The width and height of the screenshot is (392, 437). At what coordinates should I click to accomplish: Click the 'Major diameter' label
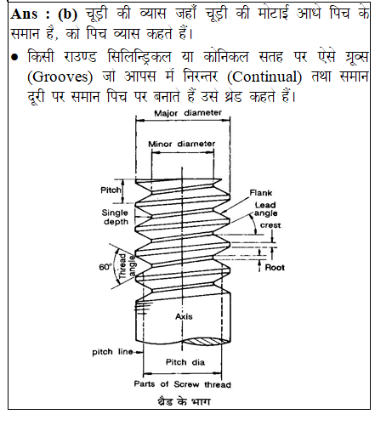coord(188,113)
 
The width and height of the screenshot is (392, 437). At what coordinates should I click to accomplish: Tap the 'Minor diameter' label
coord(182,144)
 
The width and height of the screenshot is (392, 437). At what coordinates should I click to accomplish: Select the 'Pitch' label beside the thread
coord(111,190)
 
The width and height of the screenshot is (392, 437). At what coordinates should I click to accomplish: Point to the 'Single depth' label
coord(115,217)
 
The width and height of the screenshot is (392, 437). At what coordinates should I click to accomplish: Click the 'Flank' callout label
coord(261,193)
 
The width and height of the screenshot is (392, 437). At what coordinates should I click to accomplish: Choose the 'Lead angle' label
coord(265,209)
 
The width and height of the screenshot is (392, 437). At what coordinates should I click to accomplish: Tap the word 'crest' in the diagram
coord(270,225)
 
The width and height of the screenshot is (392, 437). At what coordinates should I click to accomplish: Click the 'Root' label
coord(275,268)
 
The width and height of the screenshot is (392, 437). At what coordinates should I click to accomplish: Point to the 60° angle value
coord(105,267)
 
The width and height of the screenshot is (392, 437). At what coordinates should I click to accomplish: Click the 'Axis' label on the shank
coord(184,316)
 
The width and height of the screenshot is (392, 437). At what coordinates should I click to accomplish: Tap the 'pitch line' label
coord(112,352)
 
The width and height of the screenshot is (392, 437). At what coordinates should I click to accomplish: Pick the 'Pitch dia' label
coord(185,362)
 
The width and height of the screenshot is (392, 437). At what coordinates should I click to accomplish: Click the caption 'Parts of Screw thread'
coord(183,384)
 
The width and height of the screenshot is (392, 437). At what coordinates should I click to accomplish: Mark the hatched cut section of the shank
coord(206,341)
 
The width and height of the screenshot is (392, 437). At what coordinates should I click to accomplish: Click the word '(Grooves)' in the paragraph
coord(60,77)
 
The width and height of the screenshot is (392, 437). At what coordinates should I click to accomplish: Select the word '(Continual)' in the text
coord(264,77)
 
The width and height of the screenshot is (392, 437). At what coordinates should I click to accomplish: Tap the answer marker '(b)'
coord(67,14)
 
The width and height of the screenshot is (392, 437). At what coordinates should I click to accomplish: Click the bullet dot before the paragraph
coord(14,57)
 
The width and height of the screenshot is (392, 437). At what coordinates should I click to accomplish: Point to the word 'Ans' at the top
coord(24,14)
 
